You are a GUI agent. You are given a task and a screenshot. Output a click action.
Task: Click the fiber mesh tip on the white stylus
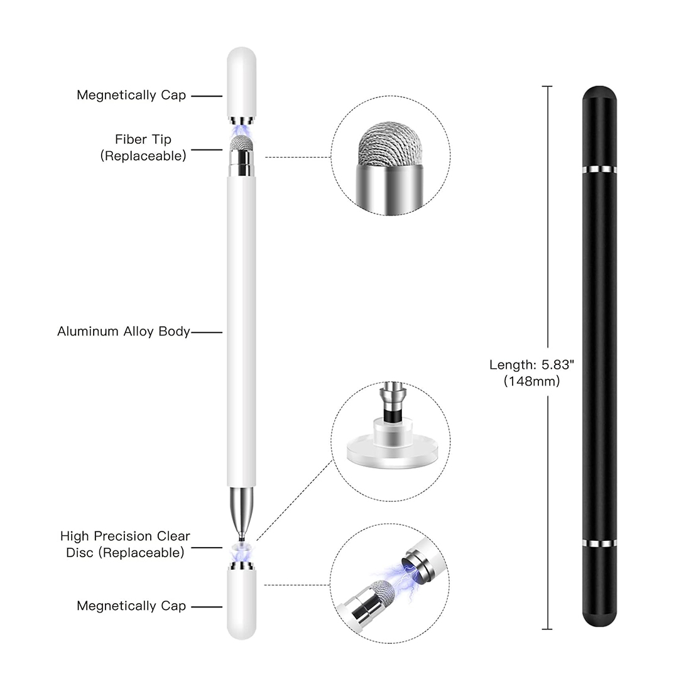coord(241,143)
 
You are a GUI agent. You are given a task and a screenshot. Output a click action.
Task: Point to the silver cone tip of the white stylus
coord(241,511)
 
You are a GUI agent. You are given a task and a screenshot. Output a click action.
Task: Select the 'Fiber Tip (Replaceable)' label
coord(143,148)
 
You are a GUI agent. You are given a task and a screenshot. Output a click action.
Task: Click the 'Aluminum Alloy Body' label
coord(123,332)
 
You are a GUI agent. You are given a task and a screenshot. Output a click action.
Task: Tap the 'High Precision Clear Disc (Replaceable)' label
coord(125,544)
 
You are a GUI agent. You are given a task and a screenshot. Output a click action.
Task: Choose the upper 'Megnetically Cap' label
coord(131,95)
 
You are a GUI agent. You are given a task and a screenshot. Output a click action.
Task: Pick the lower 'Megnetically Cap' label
coord(131,606)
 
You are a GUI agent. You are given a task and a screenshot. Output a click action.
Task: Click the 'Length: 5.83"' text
coord(532,364)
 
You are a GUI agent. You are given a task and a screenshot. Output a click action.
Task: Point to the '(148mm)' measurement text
coord(532,381)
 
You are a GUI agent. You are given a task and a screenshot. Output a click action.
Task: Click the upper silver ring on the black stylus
coord(599,170)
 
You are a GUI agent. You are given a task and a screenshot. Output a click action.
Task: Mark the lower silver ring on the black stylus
coord(599,543)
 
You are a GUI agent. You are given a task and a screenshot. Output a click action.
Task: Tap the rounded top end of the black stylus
coord(599,94)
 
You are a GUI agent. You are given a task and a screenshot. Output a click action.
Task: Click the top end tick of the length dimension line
coord(547,87)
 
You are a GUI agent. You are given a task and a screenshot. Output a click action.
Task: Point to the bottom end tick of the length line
coord(547,629)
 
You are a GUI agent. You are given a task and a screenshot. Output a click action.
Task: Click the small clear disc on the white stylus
coord(241,547)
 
